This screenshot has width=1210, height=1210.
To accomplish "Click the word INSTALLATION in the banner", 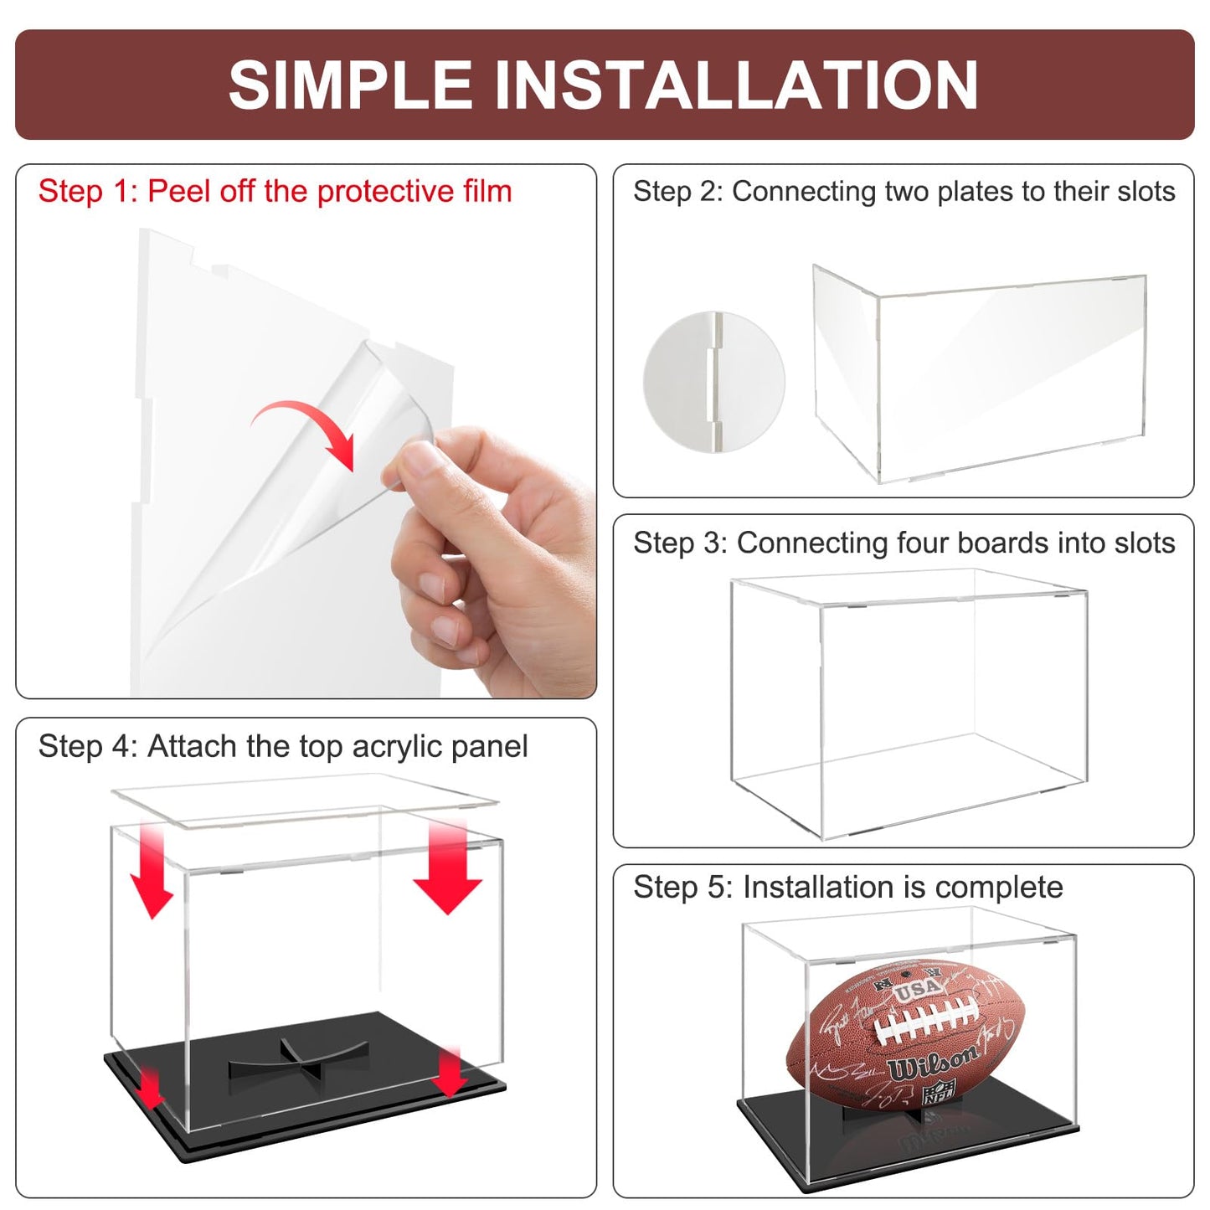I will pos(736,85).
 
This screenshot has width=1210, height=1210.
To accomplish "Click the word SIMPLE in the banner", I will pos(352,85).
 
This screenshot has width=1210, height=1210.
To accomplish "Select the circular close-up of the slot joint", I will pos(713,382).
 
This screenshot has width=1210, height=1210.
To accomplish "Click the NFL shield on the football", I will pos(939,1093).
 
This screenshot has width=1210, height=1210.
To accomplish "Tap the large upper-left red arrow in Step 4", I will pos(152,871).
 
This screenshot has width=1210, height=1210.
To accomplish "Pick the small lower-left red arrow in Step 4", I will pos(150,1087).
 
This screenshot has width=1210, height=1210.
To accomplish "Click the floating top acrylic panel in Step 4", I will pos(306,800).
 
